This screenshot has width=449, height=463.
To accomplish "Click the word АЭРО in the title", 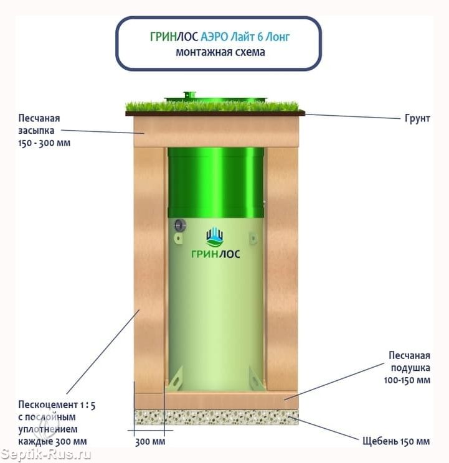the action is (x=214, y=37).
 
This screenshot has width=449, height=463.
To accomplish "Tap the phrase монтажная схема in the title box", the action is (x=220, y=52).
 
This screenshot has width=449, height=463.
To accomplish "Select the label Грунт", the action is (x=417, y=118).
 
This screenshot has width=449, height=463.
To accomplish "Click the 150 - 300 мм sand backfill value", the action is (x=44, y=143).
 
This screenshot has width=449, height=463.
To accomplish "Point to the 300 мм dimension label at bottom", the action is (x=150, y=442).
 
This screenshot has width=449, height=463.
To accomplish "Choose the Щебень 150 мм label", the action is (x=396, y=441).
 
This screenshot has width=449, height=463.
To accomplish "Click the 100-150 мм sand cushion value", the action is (x=407, y=380).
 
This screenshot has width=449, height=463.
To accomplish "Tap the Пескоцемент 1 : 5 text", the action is (x=57, y=405).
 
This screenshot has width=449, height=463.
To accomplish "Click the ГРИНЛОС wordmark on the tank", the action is (x=215, y=254).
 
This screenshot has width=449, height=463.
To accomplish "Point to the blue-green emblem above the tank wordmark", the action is (x=215, y=237).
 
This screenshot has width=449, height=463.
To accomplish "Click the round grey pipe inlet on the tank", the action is (x=180, y=226).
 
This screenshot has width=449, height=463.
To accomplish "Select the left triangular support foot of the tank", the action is (x=176, y=379).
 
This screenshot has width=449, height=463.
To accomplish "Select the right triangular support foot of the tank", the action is (x=256, y=379).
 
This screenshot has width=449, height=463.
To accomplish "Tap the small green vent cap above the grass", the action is (x=190, y=95).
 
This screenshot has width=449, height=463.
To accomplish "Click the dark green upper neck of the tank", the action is (x=215, y=182).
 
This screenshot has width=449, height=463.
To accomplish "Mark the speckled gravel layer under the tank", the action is (x=217, y=417).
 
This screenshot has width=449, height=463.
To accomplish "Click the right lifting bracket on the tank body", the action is (x=253, y=238).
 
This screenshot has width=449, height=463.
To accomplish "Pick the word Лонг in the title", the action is (x=277, y=37).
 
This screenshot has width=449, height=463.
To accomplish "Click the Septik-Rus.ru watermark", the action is (x=45, y=454).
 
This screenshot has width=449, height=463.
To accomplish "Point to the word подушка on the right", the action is (x=410, y=368).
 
